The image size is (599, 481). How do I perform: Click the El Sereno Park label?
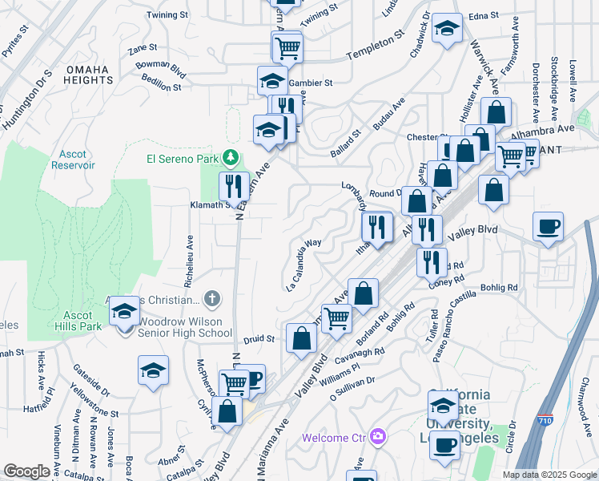[183, 159]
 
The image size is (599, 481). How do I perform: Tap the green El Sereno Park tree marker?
[231, 156]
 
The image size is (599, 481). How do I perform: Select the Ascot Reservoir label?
[77, 159]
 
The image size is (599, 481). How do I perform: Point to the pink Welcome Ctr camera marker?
[377, 437]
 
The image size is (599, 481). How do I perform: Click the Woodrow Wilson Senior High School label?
[185, 333]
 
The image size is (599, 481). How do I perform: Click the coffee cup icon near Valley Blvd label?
[548, 227]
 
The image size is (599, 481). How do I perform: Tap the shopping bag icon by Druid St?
[301, 339]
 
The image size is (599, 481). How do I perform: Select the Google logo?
[26, 471]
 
